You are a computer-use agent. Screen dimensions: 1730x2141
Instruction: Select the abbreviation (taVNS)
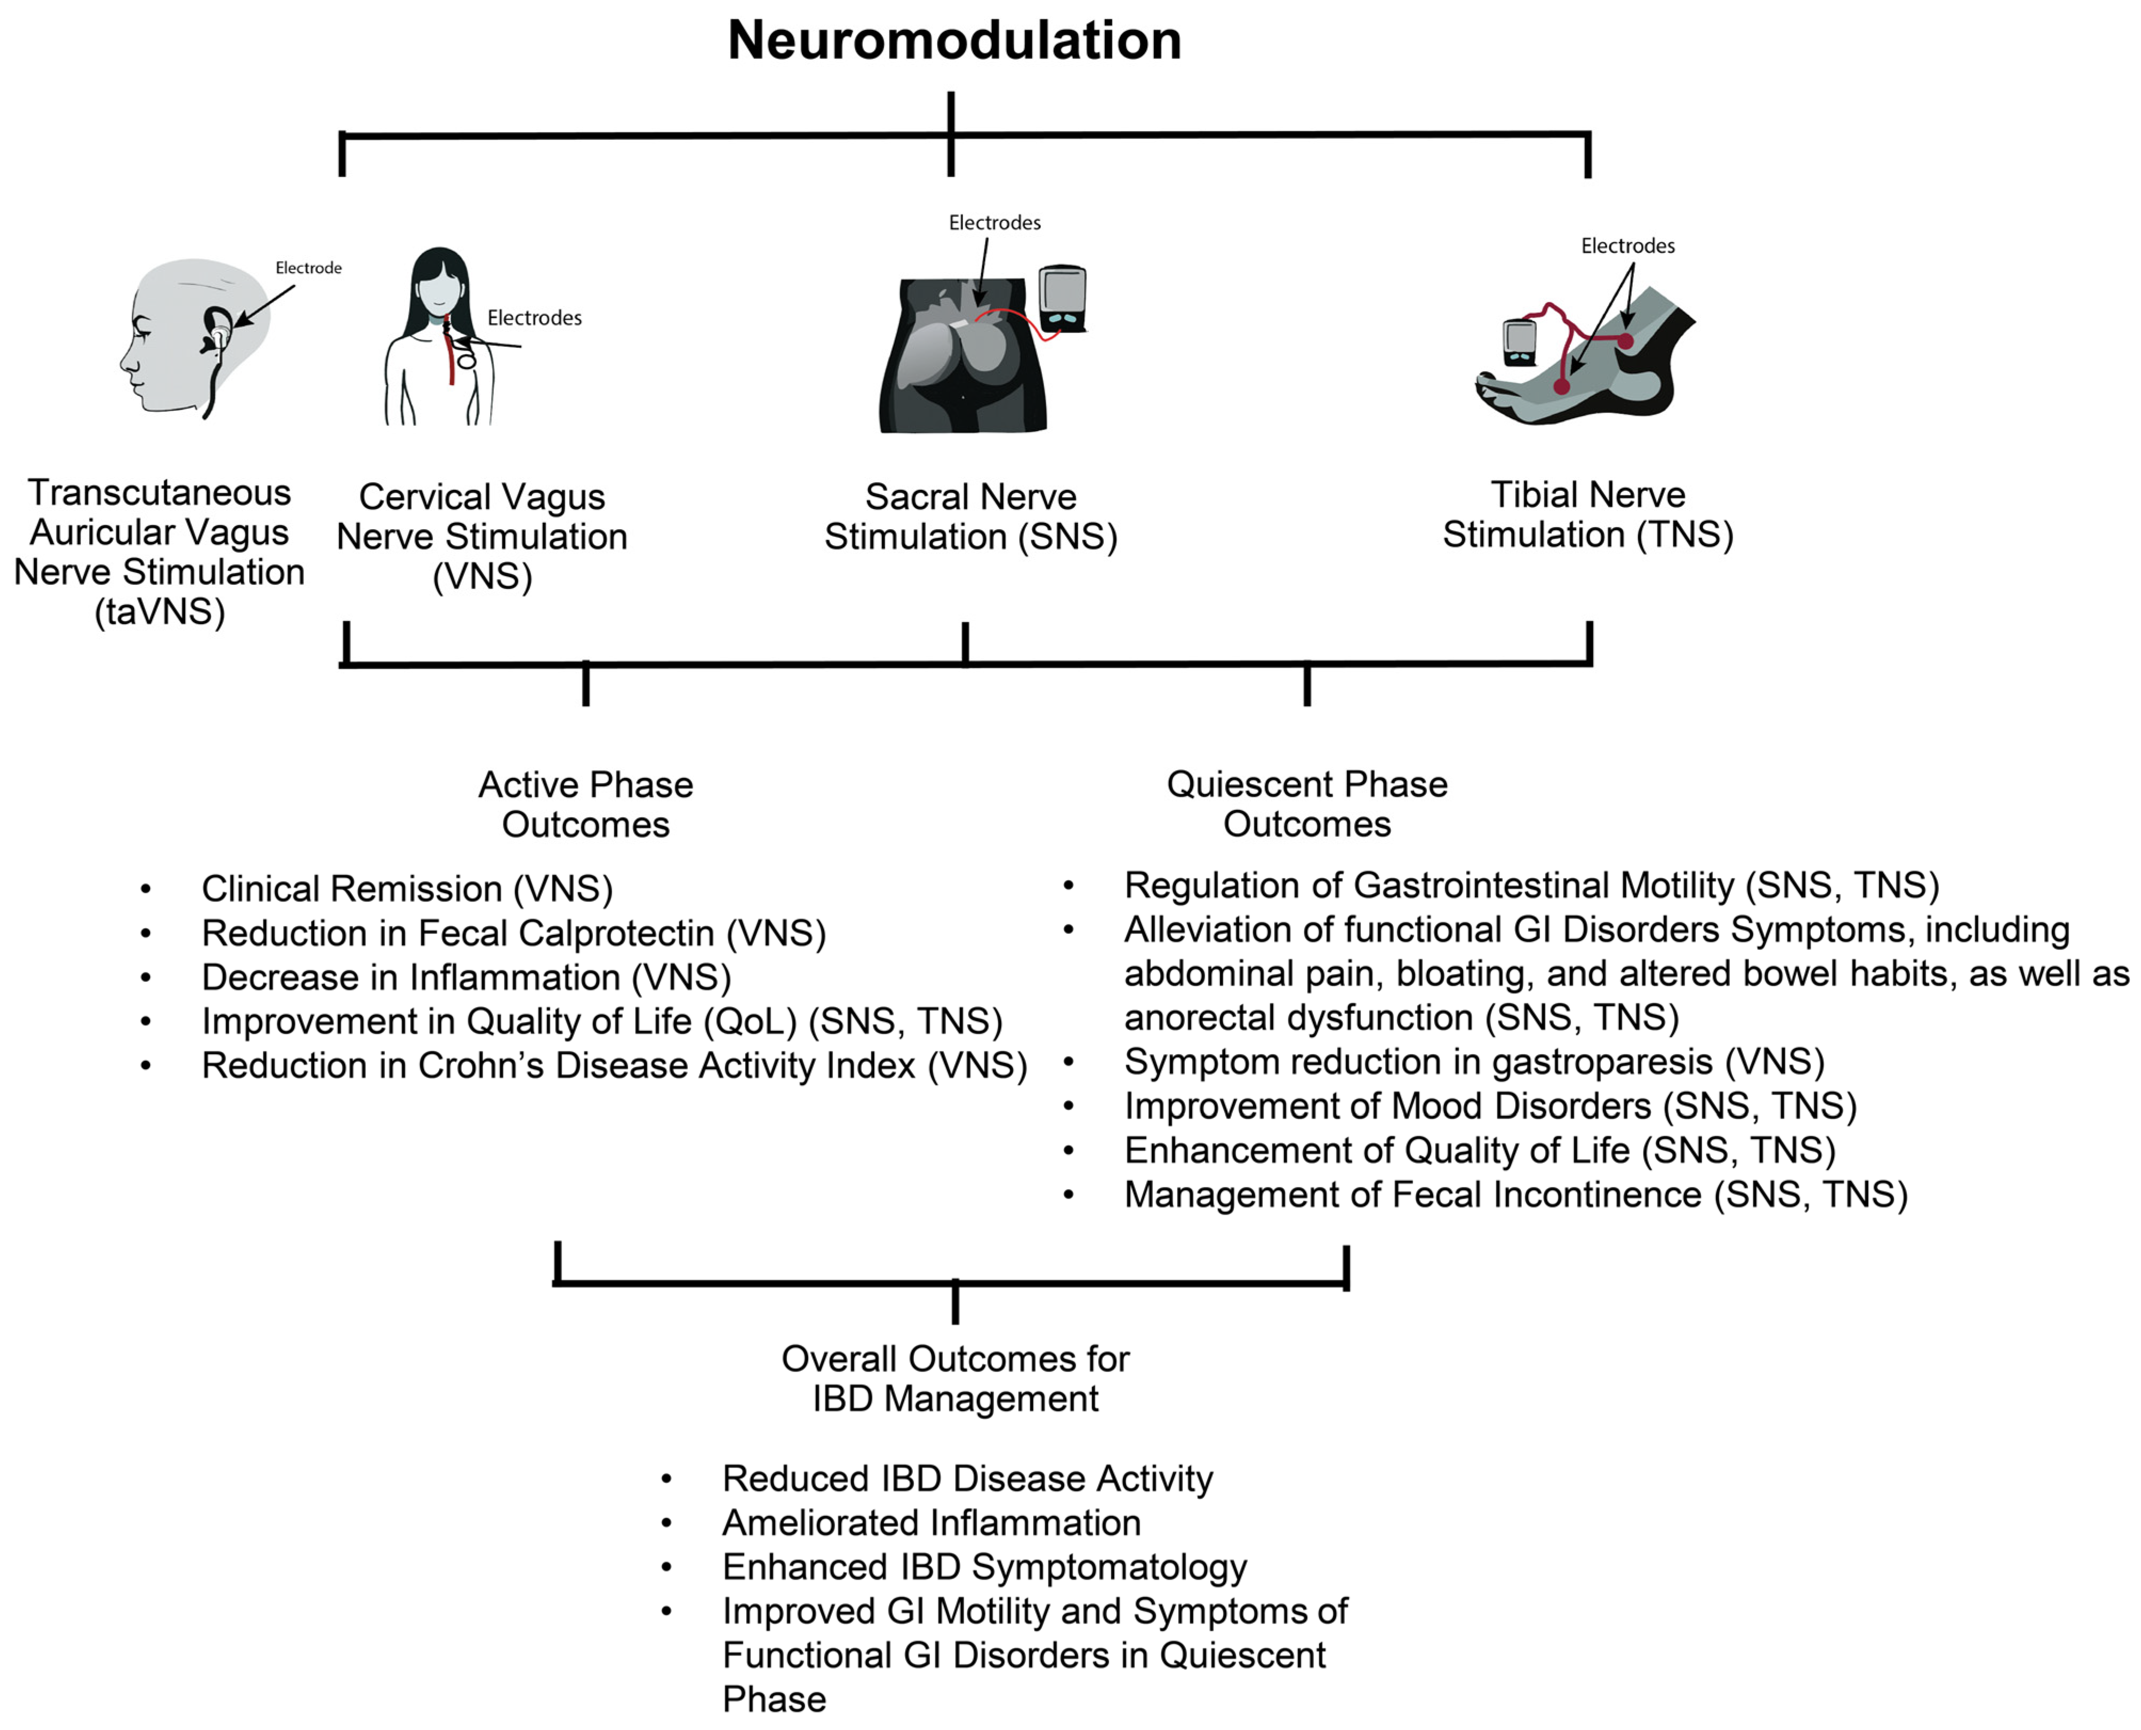[x=159, y=612]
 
